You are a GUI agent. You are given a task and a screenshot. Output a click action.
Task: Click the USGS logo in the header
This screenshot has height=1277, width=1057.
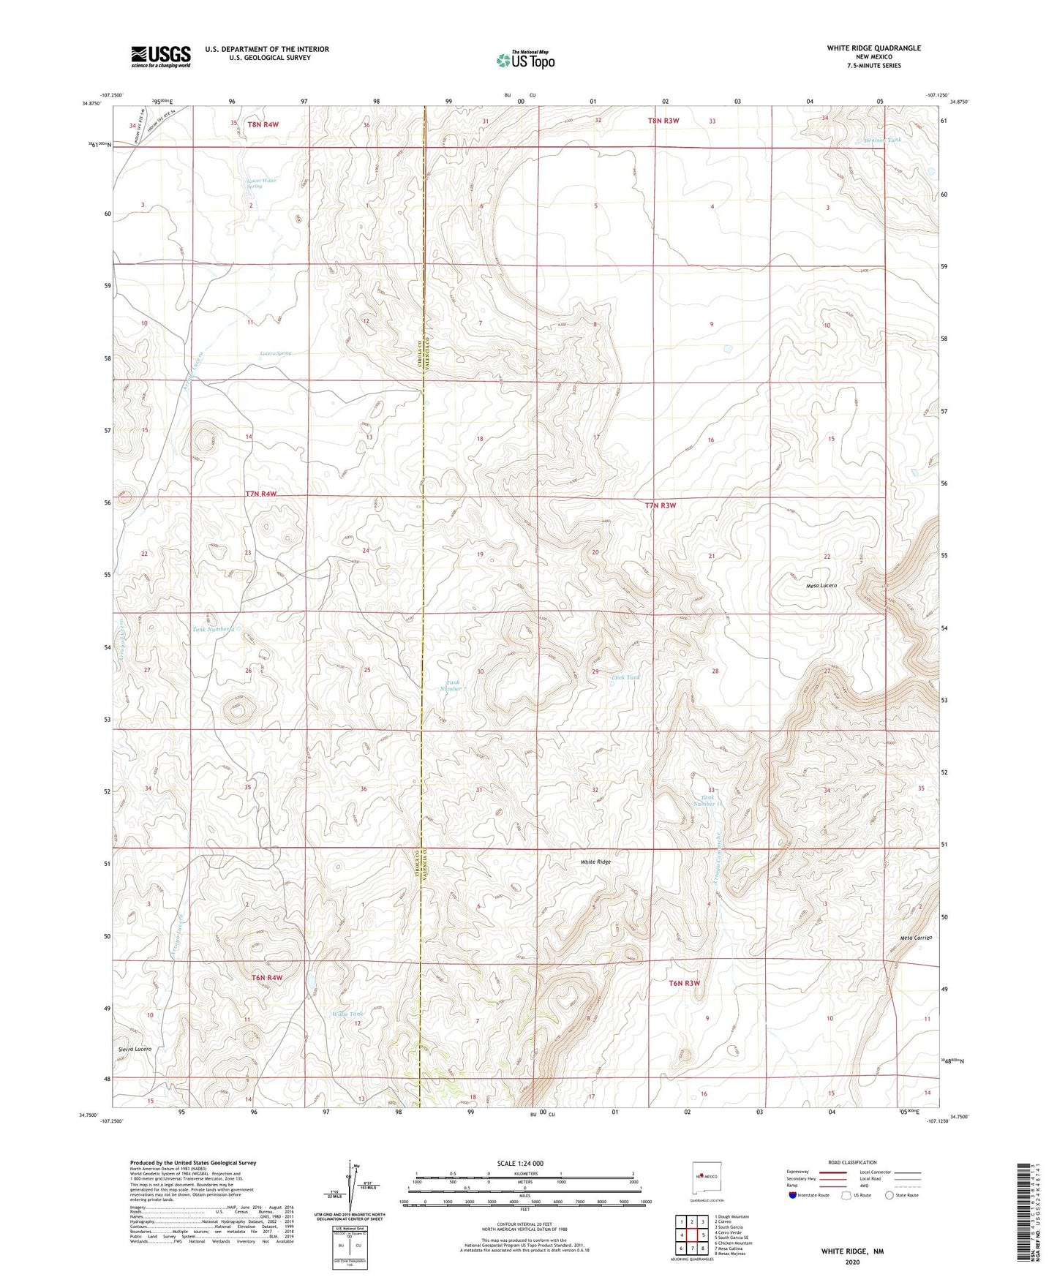(161, 56)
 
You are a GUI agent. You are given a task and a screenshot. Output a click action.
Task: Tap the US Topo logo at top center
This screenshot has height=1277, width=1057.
(524, 60)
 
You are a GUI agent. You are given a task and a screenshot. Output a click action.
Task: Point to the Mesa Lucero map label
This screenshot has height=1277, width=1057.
(821, 586)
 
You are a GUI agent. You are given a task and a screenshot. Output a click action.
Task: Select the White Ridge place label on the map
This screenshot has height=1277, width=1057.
(595, 862)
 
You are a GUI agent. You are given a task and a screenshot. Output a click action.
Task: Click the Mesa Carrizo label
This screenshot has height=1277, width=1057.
(915, 938)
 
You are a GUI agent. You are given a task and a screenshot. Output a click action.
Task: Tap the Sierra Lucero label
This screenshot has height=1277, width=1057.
(135, 1049)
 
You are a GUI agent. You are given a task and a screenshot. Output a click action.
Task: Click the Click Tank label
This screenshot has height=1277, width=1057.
(625, 677)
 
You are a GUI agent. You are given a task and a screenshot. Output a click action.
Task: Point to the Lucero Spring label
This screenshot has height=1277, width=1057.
(276, 353)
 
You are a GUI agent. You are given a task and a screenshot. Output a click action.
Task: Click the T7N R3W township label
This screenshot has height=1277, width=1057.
(661, 505)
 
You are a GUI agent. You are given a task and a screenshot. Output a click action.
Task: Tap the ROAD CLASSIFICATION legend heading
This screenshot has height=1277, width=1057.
(853, 1162)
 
